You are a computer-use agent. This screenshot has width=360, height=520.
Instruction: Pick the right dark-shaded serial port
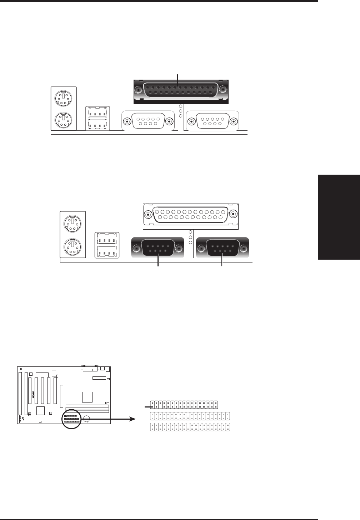(x=222, y=248)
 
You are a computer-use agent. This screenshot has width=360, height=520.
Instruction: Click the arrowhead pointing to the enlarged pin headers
(x=132, y=419)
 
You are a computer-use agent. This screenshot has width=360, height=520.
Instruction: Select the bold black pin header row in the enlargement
(x=184, y=405)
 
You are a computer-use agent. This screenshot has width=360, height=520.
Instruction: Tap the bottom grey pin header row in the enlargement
(x=190, y=426)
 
